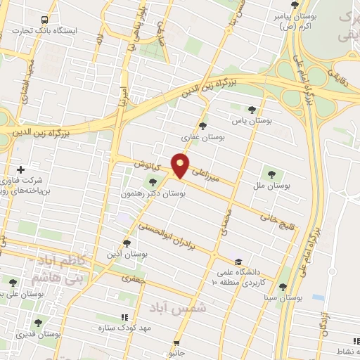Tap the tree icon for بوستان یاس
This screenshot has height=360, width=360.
252,109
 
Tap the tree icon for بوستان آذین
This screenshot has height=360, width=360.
127,243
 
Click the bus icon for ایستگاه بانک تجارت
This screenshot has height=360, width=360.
45,20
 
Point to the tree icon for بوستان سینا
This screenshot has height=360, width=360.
282,287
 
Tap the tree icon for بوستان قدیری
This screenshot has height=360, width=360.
38,323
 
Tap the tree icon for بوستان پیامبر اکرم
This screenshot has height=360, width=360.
285,6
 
